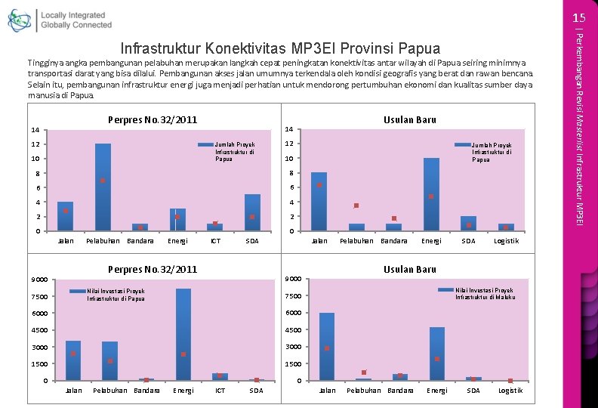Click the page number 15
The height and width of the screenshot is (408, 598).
pos(579,17)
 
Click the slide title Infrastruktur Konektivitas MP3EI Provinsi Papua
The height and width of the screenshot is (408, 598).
pos(280,48)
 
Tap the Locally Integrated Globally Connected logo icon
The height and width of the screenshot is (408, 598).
pos(21,20)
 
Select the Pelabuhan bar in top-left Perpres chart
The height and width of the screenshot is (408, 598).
pos(103,187)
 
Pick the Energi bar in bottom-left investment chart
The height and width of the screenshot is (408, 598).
pos(183,334)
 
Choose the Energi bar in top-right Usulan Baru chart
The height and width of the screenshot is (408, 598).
pos(431,193)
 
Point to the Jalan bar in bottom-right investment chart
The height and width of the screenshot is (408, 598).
pos(327,346)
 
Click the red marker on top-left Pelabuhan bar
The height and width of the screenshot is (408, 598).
pos(103,181)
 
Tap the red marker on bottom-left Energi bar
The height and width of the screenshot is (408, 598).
pos(183,354)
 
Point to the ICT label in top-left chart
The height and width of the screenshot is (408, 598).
pos(215,241)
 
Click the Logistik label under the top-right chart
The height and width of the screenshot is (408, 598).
pos(506,241)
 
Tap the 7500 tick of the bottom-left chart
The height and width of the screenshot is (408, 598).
pos(40,296)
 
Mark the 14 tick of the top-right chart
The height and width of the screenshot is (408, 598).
pos(289,129)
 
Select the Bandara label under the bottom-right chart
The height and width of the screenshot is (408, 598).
pos(400,391)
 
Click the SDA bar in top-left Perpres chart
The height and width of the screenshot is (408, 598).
pos(252,212)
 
